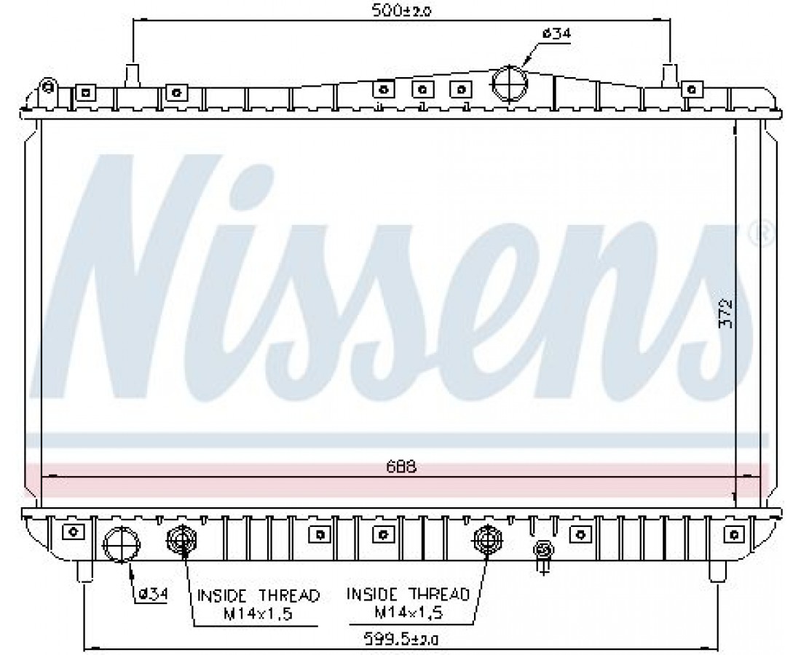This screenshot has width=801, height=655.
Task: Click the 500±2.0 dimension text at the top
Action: pyautogui.click(x=401, y=10)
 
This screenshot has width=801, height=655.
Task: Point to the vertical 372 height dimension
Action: pyautogui.click(x=725, y=312)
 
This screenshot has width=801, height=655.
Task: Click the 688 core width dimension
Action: pyautogui.click(x=401, y=467)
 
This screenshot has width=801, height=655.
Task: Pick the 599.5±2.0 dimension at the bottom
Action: pyautogui.click(x=401, y=639)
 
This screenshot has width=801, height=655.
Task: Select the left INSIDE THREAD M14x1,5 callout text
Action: pyautogui.click(x=258, y=604)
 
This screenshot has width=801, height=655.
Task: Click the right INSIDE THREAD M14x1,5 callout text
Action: pyautogui.click(x=409, y=603)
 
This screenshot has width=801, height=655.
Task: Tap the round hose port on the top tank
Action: pyautogui.click(x=509, y=83)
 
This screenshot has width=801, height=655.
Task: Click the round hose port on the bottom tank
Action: pyautogui.click(x=122, y=544)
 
